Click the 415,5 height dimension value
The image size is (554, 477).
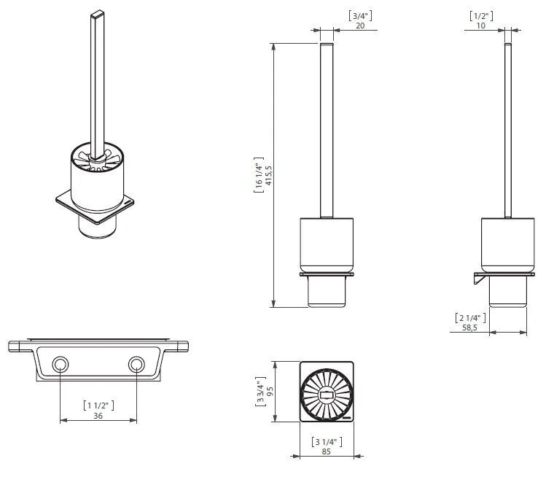point(269,175)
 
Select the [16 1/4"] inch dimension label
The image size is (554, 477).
point(259,175)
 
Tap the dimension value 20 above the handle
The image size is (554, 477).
point(360,26)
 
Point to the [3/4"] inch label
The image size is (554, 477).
point(360,15)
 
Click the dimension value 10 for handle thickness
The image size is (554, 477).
point(481,26)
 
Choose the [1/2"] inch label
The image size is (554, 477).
point(481,16)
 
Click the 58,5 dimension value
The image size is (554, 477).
point(470,327)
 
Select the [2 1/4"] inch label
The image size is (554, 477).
point(470,318)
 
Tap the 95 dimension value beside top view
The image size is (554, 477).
point(270,392)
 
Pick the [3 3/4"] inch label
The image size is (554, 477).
point(260,392)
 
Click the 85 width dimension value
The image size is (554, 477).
point(326,451)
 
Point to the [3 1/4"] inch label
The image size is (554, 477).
point(327,442)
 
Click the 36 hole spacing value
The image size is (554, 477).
point(98,416)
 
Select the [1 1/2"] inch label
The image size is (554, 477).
point(98,406)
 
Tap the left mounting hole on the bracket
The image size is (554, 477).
point(61,365)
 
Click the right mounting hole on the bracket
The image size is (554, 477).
point(136,365)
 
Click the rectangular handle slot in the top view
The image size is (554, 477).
point(327,395)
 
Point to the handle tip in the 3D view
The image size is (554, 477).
point(97,14)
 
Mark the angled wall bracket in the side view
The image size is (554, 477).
point(479,279)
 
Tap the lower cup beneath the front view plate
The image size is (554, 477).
point(327,291)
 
